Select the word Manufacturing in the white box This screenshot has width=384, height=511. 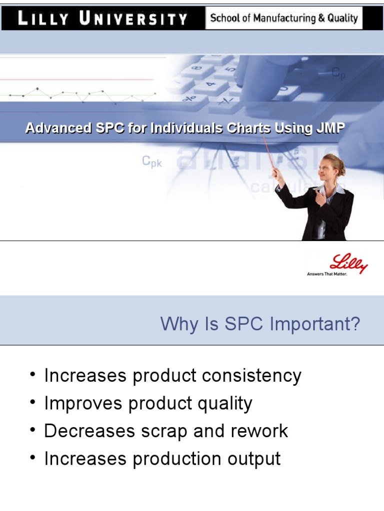pos(283,18)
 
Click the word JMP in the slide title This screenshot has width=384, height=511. pos(330,128)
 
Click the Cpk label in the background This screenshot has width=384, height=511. pos(152,161)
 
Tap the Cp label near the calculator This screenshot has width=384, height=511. pos(338,73)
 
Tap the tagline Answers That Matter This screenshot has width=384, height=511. pos(326,274)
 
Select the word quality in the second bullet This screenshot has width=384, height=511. pos(228,403)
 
